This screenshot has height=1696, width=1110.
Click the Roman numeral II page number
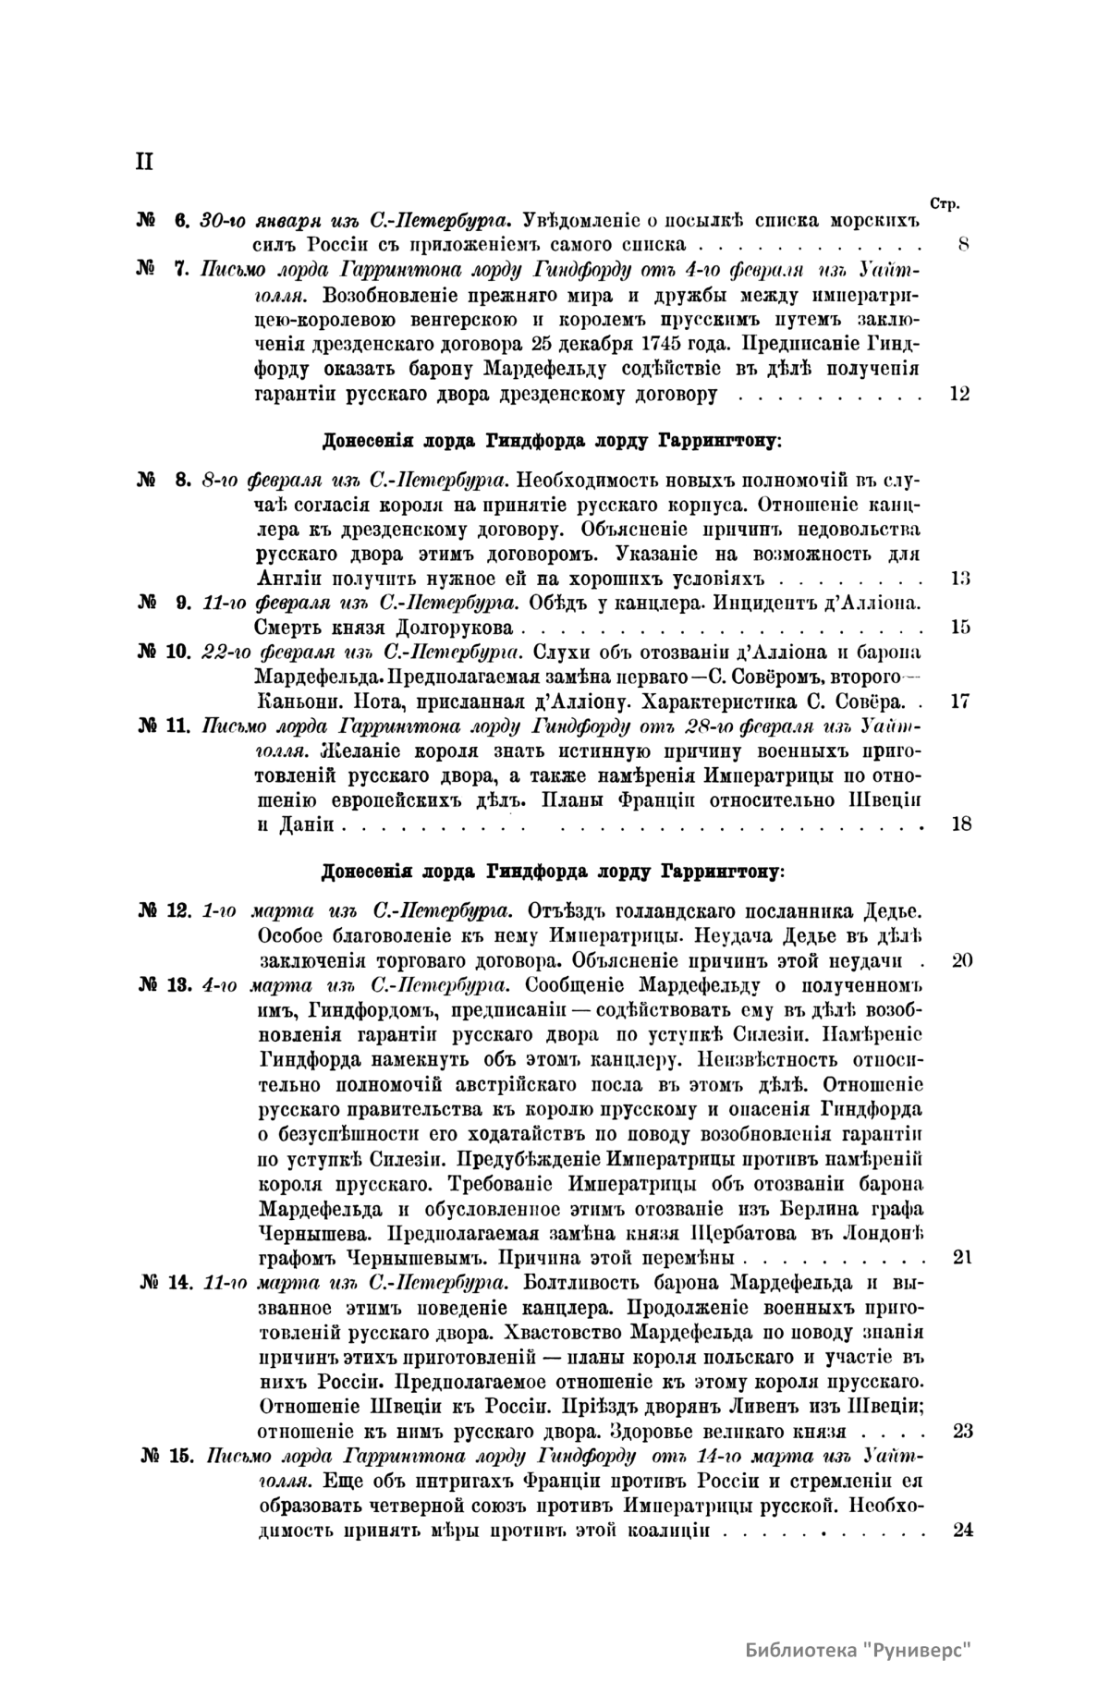[x=144, y=162]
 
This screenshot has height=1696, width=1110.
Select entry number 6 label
[x=163, y=221]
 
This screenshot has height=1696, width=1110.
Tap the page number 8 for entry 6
[x=962, y=245]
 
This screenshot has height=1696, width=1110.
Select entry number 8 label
[x=163, y=480]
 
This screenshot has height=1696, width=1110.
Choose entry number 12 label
[x=163, y=910]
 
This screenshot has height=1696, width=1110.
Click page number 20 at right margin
[x=961, y=959]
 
